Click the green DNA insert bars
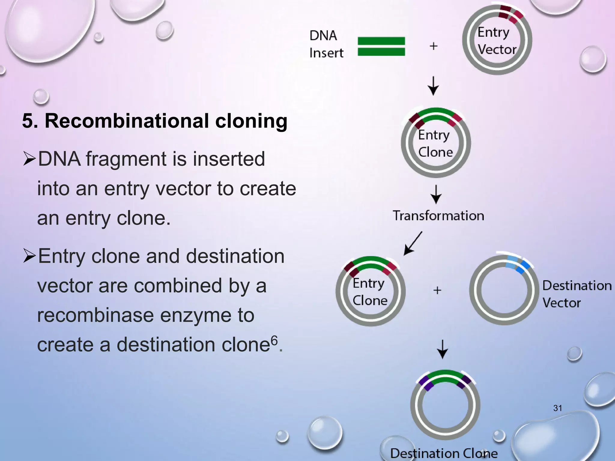(381, 46)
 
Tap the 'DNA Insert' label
(326, 44)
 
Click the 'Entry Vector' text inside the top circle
(497, 41)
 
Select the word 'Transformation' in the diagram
(438, 215)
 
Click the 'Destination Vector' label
(577, 294)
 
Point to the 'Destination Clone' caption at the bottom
(444, 453)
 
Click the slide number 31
(558, 408)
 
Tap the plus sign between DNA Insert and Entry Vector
(433, 46)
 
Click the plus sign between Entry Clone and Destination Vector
(437, 290)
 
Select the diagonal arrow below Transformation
(413, 243)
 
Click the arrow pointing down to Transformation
(436, 194)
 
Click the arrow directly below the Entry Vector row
(433, 86)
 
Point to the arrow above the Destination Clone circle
(442, 349)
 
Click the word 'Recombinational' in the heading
(127, 121)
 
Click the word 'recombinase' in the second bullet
(96, 315)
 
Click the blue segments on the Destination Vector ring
(517, 264)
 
